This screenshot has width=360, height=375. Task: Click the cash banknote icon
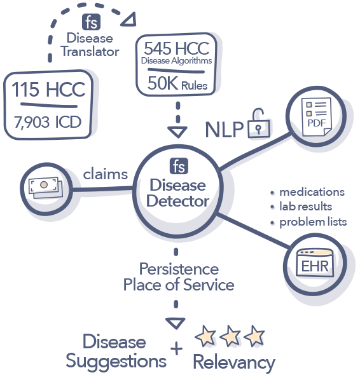42,185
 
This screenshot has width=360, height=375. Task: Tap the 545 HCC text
177,48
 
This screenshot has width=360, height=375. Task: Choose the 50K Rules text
177,83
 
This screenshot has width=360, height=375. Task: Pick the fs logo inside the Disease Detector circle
177,167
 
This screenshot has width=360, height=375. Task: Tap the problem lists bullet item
312,222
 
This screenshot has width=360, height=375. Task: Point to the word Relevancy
234,362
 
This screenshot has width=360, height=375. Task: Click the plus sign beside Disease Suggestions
176,348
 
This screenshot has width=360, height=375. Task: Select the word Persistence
179,269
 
